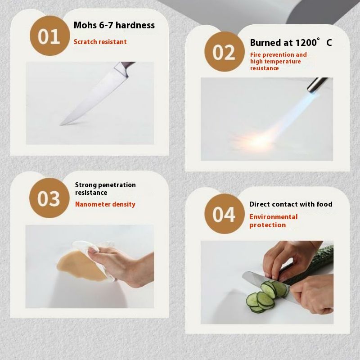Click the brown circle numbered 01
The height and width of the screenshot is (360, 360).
[x=49, y=36]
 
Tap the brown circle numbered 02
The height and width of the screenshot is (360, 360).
[x=224, y=52]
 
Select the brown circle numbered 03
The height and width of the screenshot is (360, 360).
[x=49, y=198]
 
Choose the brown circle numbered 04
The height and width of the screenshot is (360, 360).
[x=224, y=213]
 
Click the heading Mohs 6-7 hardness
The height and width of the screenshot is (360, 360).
[x=114, y=25]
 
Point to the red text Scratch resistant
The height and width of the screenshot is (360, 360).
[x=100, y=42]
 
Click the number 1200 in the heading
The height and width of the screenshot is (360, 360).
[x=306, y=43]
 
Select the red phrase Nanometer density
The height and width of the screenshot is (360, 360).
[x=105, y=204]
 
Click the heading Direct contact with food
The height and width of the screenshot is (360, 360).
[x=291, y=204]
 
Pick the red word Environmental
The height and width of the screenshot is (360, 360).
[x=273, y=217]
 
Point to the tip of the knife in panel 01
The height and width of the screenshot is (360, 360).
[x=60, y=125]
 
